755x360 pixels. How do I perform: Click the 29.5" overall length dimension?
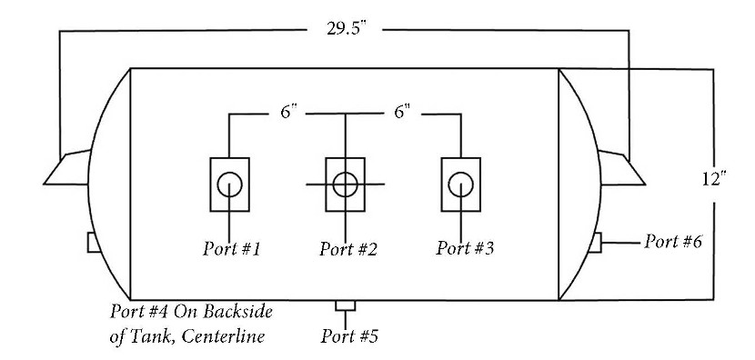(347, 28)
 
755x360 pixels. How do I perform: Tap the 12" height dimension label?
(713, 179)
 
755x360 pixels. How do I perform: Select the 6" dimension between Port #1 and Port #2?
(289, 112)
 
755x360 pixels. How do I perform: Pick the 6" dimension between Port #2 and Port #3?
(403, 112)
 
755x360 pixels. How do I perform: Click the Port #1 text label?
(231, 249)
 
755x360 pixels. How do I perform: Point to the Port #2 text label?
(348, 249)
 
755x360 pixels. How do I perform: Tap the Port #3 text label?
(465, 248)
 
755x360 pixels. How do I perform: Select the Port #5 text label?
(349, 336)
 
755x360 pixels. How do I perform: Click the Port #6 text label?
(673, 241)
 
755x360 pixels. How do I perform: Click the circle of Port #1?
(229, 173)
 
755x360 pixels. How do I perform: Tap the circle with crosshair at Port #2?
(346, 173)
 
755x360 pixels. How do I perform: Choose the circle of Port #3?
(461, 173)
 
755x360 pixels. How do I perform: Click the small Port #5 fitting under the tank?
(346, 305)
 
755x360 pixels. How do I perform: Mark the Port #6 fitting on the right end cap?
(596, 242)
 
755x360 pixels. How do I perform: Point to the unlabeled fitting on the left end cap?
(94, 242)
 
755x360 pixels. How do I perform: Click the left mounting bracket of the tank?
(67, 168)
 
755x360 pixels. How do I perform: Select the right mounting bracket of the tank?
(621, 168)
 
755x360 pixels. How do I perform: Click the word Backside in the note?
(237, 312)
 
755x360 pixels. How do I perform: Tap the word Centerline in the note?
(224, 335)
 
